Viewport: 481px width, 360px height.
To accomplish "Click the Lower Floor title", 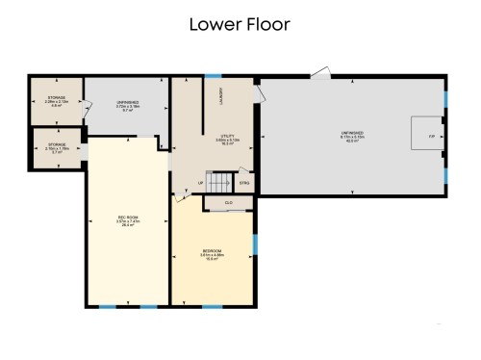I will click(x=240, y=23).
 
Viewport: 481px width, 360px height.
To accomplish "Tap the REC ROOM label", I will click(x=128, y=219).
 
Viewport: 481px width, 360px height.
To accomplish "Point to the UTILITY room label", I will click(x=229, y=137).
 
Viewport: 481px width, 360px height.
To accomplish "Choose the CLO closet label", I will click(x=228, y=202).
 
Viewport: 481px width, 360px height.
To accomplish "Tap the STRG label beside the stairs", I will click(x=244, y=182).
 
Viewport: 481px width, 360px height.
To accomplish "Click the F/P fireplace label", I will click(x=430, y=136).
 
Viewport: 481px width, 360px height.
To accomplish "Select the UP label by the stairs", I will click(x=201, y=182).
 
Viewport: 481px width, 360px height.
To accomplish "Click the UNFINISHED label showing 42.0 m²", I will click(x=351, y=132).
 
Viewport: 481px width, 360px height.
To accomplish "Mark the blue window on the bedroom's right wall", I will click(x=255, y=244).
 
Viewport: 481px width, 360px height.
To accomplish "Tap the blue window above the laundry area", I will click(x=213, y=76).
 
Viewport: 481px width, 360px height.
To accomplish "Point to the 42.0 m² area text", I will click(x=351, y=142).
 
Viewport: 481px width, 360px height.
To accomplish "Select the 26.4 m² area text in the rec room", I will click(x=128, y=226).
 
